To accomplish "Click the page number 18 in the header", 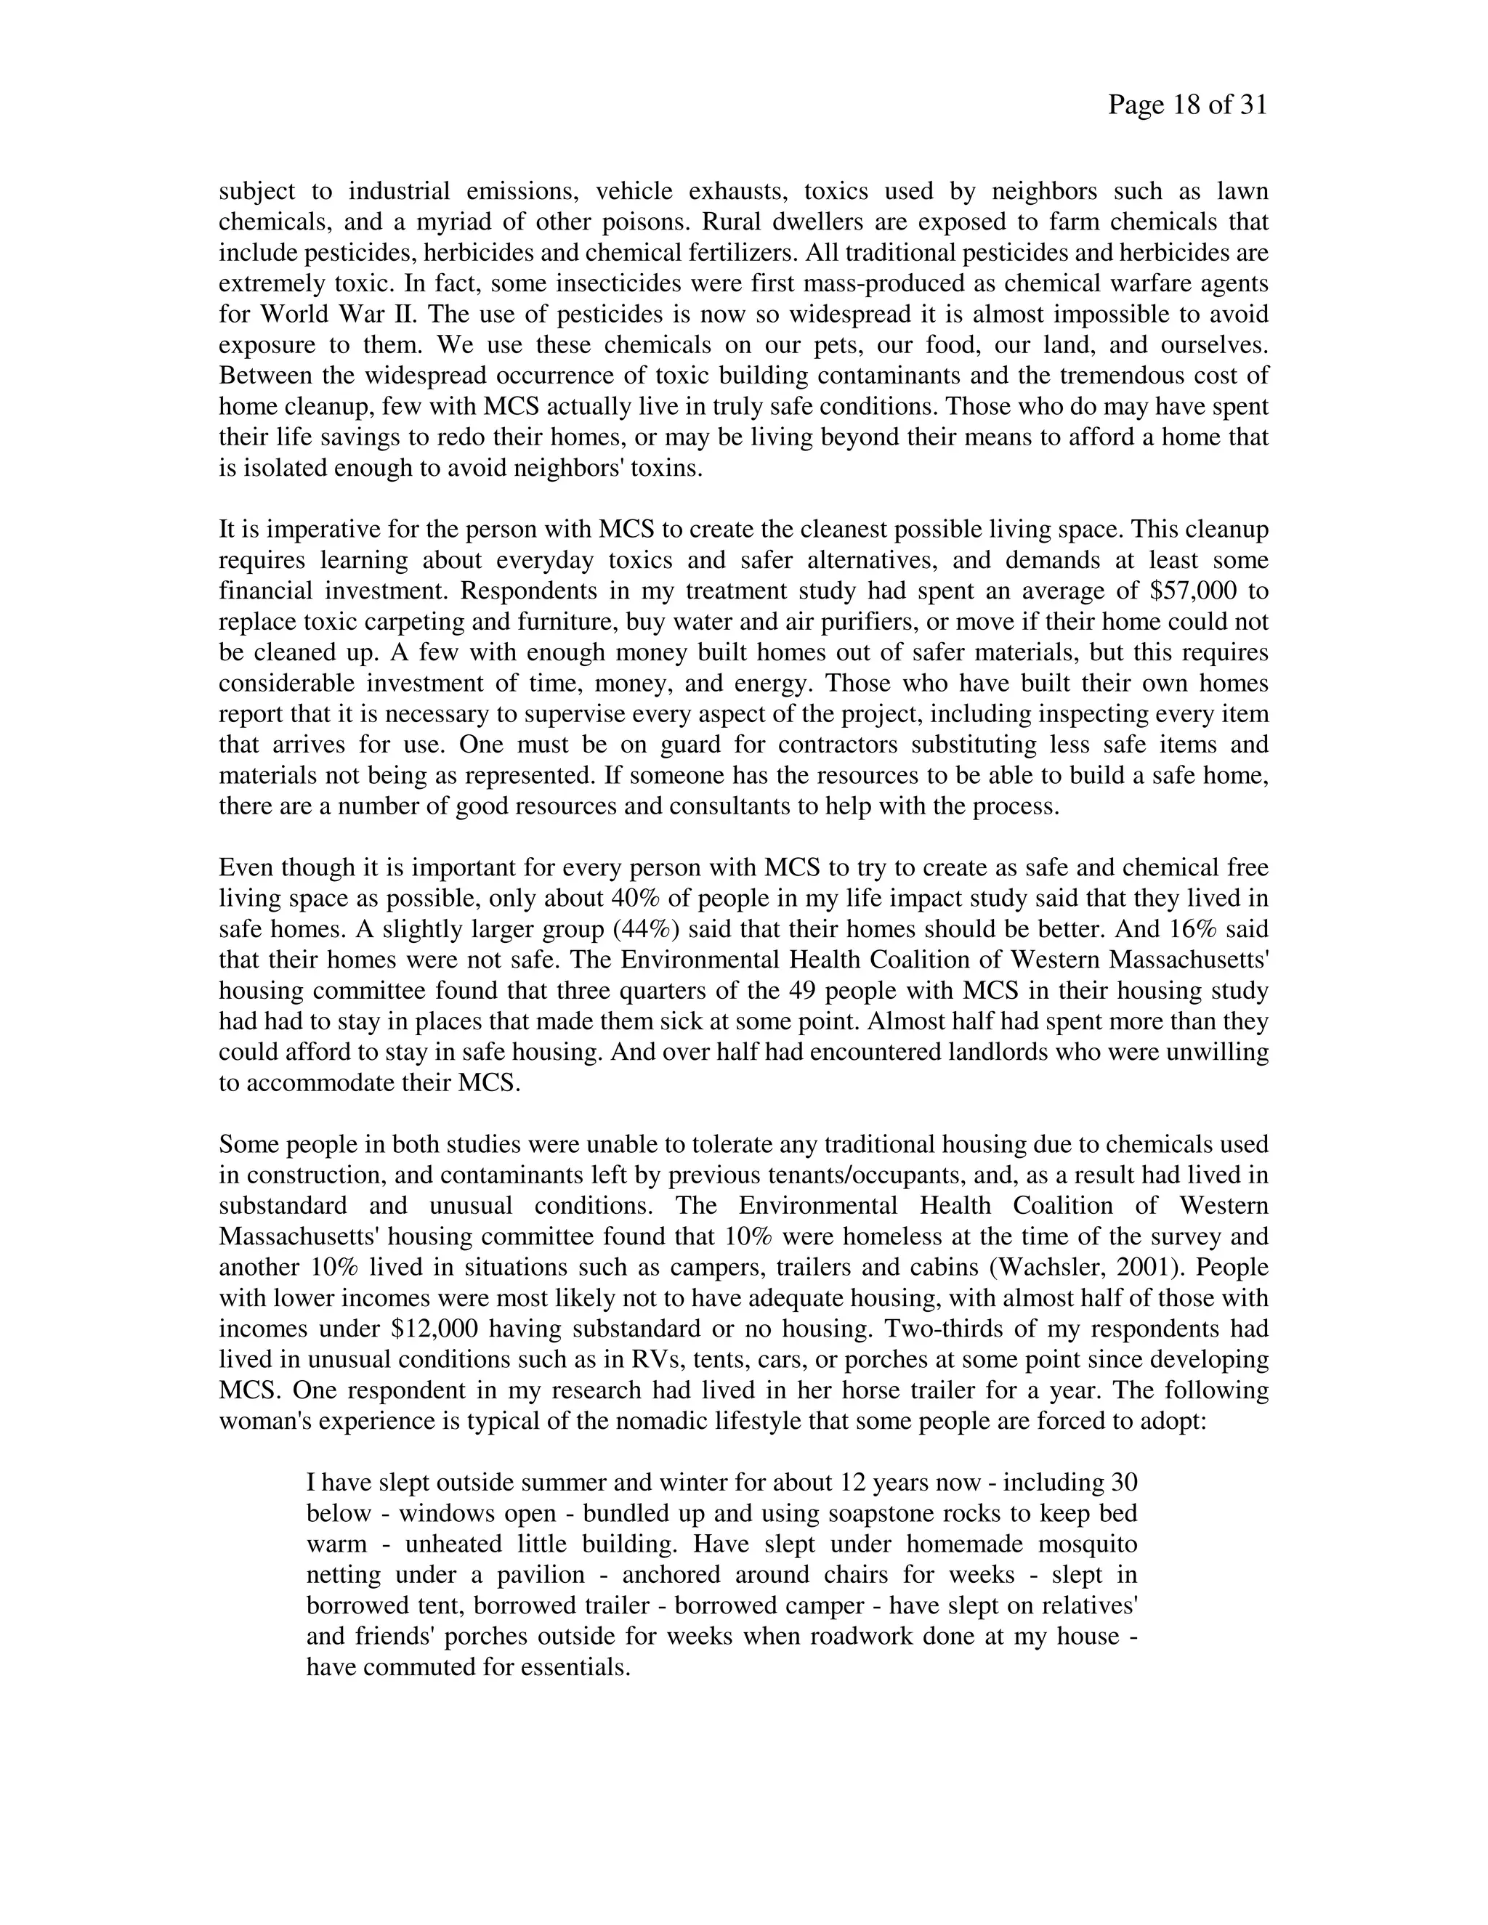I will point(1186,106).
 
